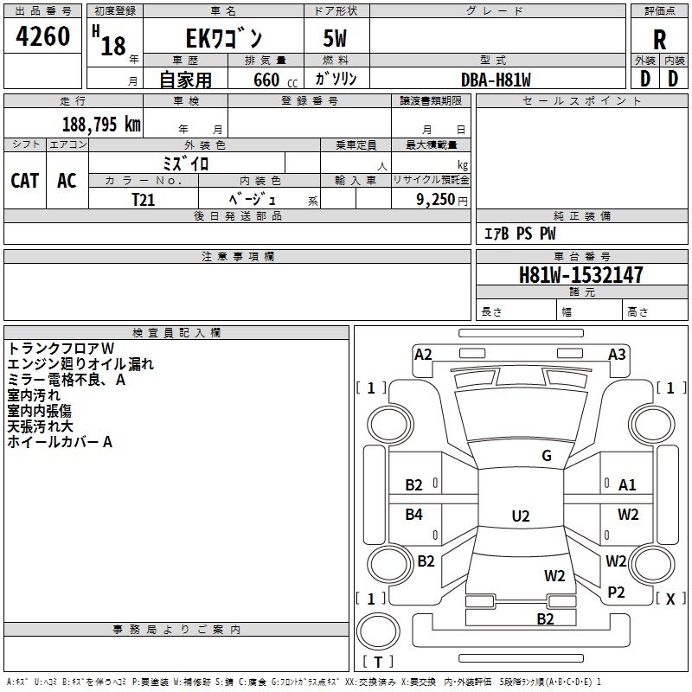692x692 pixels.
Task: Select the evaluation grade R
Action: click(660, 40)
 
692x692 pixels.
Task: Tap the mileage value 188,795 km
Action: click(101, 124)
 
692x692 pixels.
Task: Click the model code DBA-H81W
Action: click(496, 80)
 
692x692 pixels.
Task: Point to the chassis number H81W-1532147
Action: click(581, 275)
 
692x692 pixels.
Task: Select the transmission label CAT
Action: click(25, 180)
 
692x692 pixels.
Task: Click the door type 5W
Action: click(336, 40)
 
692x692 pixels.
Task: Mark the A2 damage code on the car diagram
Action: click(423, 355)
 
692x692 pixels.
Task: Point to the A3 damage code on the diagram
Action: click(617, 355)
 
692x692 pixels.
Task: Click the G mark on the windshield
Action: click(547, 456)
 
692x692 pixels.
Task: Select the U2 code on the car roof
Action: click(520, 516)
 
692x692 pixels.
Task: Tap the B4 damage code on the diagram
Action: click(414, 515)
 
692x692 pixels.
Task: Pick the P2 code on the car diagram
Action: click(616, 592)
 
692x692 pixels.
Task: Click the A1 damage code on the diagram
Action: click(627, 485)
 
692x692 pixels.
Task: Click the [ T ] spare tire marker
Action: click(378, 662)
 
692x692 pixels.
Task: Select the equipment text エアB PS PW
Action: click(519, 234)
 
